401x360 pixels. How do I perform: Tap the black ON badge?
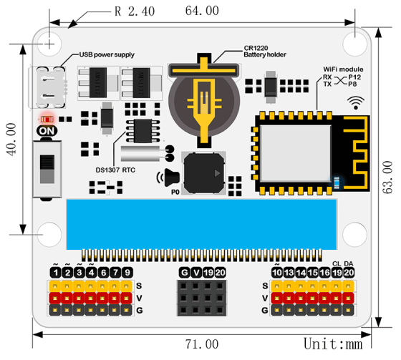click(47, 132)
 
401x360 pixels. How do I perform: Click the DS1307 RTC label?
click(115, 170)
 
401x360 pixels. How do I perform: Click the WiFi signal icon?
click(356, 102)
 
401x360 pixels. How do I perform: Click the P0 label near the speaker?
click(174, 193)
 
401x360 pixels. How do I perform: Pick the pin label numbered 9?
click(127, 272)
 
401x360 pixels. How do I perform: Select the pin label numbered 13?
click(289, 272)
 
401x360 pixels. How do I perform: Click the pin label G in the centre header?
click(184, 272)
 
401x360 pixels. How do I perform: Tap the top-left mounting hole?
click(50, 42)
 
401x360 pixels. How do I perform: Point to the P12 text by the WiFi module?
click(355, 77)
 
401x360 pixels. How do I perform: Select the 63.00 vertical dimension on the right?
click(387, 177)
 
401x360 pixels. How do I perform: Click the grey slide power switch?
click(48, 168)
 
